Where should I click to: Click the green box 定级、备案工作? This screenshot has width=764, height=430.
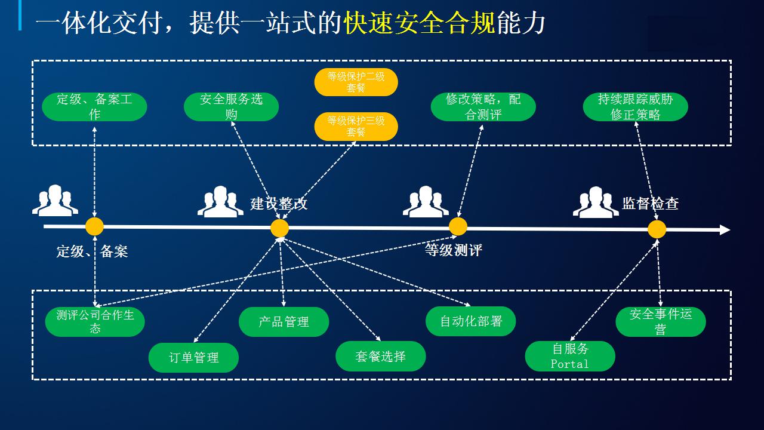point(94,106)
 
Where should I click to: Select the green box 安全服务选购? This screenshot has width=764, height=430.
point(231,106)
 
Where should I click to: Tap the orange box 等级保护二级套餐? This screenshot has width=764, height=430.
point(356,82)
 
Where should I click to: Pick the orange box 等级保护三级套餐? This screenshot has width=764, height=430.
point(356,126)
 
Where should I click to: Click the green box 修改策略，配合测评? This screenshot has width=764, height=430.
point(483,106)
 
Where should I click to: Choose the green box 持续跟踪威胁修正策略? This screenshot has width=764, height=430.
point(636,106)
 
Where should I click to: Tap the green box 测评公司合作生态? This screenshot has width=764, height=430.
point(95,322)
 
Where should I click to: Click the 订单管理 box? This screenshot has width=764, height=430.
point(193,357)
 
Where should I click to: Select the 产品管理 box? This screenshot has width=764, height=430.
point(284,322)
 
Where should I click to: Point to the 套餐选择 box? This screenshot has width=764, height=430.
point(381,357)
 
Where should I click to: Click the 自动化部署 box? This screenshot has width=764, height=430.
point(471,321)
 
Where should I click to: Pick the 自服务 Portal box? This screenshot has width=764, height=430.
point(570,357)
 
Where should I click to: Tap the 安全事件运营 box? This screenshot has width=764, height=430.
point(661,322)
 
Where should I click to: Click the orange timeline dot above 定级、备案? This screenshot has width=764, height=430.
point(94,226)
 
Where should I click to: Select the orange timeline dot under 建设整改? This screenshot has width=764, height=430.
point(280,228)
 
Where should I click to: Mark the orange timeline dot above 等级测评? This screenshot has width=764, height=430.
point(458,226)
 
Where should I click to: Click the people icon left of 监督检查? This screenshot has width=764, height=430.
point(596,202)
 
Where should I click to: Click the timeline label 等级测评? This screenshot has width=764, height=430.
point(453,250)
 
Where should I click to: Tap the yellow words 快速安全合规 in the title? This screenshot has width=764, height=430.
point(420,23)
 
